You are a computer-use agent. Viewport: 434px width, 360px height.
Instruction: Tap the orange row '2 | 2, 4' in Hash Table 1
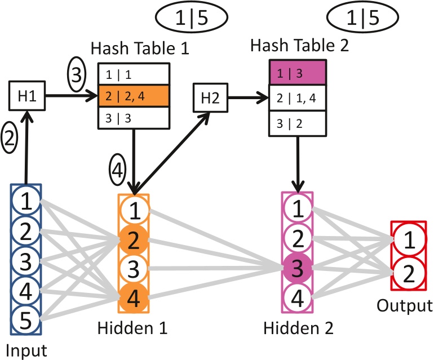134,96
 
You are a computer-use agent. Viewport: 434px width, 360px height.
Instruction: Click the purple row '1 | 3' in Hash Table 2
296,73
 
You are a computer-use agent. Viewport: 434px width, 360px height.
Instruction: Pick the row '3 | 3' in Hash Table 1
134,117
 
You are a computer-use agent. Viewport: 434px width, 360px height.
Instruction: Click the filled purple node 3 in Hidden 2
296,266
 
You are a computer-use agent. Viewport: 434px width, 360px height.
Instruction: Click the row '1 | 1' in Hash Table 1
134,74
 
